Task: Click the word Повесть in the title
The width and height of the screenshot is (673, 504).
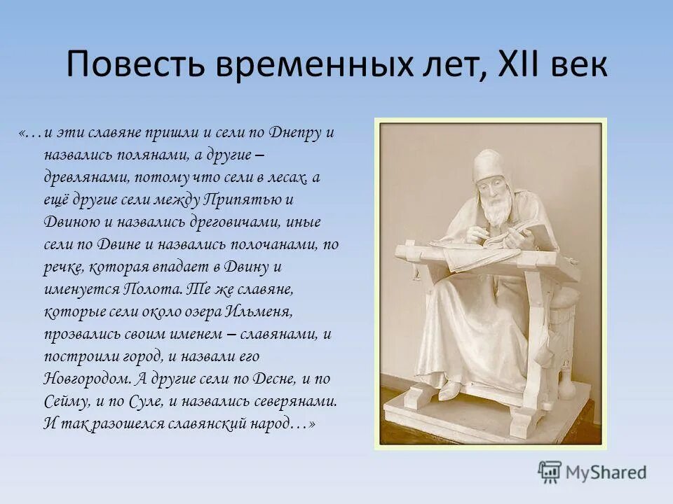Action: (135, 64)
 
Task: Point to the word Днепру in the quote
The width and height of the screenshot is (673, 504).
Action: (295, 133)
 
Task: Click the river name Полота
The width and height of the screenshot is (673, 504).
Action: (153, 288)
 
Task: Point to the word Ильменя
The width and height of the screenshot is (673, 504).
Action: (259, 311)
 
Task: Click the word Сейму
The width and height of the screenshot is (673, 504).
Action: (67, 401)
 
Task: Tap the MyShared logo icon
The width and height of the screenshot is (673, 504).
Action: (550, 472)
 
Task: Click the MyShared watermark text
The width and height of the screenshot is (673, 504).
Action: (606, 472)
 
